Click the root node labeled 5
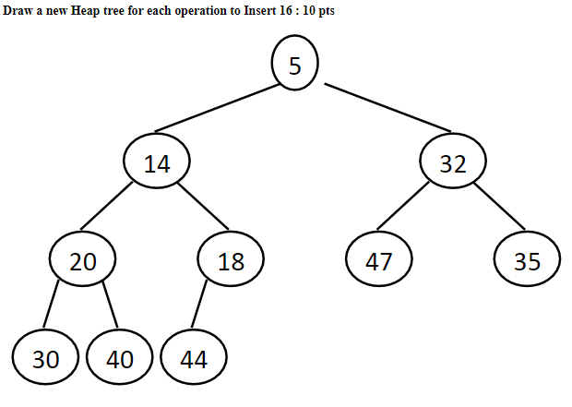coord(294,65)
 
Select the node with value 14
coord(157,163)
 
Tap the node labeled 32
coord(452,163)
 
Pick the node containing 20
coord(83,261)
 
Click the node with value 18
coord(231,261)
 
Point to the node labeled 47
coord(378,261)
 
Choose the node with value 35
coord(526,261)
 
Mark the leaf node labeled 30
coord(46,359)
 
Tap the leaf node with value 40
coord(120,359)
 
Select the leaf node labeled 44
coord(194,359)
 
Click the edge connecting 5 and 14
coord(218,107)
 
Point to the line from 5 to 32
coord(387,108)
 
